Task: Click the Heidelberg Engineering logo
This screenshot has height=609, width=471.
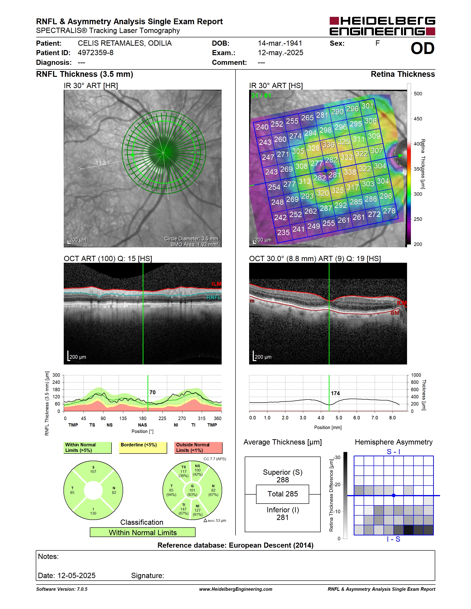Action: click(382, 26)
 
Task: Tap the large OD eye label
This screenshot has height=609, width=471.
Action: click(423, 48)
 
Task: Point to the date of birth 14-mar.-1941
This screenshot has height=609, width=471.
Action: click(280, 43)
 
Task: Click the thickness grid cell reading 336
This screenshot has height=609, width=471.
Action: click(328, 145)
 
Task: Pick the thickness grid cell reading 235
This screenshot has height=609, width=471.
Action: click(283, 232)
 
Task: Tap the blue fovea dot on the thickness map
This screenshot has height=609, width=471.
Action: click(325, 170)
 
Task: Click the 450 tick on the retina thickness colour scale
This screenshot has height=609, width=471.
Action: click(418, 119)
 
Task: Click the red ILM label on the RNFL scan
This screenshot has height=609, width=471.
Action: click(216, 284)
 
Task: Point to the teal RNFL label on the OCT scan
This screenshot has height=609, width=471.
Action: click(214, 298)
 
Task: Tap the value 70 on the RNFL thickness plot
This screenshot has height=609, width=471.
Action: click(152, 392)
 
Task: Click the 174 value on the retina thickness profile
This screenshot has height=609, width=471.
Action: click(335, 393)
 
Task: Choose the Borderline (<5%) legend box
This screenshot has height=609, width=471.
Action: click(143, 448)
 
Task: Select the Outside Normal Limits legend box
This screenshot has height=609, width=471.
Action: click(198, 448)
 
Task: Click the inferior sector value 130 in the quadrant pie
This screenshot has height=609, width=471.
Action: click(93, 513)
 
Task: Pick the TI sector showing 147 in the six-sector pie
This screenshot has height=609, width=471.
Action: click(183, 509)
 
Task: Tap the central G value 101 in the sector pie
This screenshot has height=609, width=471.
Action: click(192, 490)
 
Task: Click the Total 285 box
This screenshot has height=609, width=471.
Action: click(282, 494)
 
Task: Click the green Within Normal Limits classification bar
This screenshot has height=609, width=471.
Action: click(143, 532)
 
